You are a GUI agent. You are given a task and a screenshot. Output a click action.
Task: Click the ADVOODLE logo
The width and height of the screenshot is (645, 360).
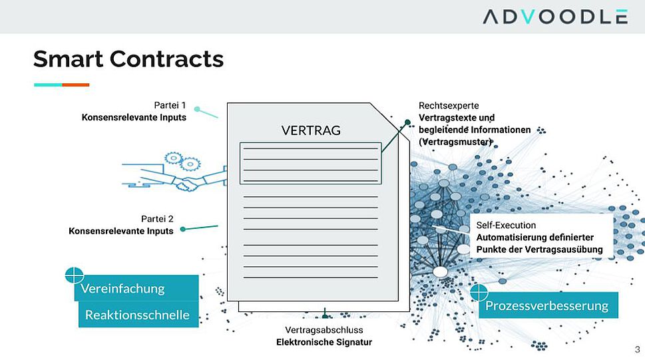click(555, 17)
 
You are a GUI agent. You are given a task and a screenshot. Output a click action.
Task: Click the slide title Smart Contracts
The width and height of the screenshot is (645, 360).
click(128, 59)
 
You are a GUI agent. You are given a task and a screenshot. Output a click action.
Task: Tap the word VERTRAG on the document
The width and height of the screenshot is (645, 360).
click(311, 130)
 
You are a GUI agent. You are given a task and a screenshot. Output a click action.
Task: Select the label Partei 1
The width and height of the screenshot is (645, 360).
click(170, 105)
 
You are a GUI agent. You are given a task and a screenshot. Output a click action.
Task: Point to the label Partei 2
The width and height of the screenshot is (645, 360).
click(157, 219)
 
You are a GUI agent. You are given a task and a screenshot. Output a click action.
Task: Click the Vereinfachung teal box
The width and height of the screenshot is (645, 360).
click(136, 288)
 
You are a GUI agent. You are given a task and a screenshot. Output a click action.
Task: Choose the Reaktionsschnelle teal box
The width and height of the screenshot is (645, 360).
click(138, 315)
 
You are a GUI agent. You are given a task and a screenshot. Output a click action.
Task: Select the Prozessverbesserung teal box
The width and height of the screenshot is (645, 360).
click(548, 305)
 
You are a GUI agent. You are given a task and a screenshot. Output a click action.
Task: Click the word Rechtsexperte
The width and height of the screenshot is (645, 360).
click(449, 106)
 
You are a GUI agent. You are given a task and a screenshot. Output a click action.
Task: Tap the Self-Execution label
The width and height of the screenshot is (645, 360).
click(506, 226)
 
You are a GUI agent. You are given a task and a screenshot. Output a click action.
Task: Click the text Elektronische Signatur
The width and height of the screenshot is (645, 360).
click(324, 342)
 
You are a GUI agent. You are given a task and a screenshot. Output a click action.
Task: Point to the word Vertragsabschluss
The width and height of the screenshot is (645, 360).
click(324, 330)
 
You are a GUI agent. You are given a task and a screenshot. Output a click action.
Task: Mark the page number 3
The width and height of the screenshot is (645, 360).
click(637, 350)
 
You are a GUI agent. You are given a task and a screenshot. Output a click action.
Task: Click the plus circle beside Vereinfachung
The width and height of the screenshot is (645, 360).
click(75, 275)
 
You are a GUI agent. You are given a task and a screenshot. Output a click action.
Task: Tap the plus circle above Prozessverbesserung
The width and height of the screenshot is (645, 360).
click(479, 292)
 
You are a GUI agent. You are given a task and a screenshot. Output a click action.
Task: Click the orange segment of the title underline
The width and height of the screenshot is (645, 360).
click(76, 85)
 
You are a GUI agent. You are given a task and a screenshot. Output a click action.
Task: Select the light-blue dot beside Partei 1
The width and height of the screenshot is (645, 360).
click(198, 109)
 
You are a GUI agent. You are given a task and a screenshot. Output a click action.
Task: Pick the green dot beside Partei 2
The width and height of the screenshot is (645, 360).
click(183, 229)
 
